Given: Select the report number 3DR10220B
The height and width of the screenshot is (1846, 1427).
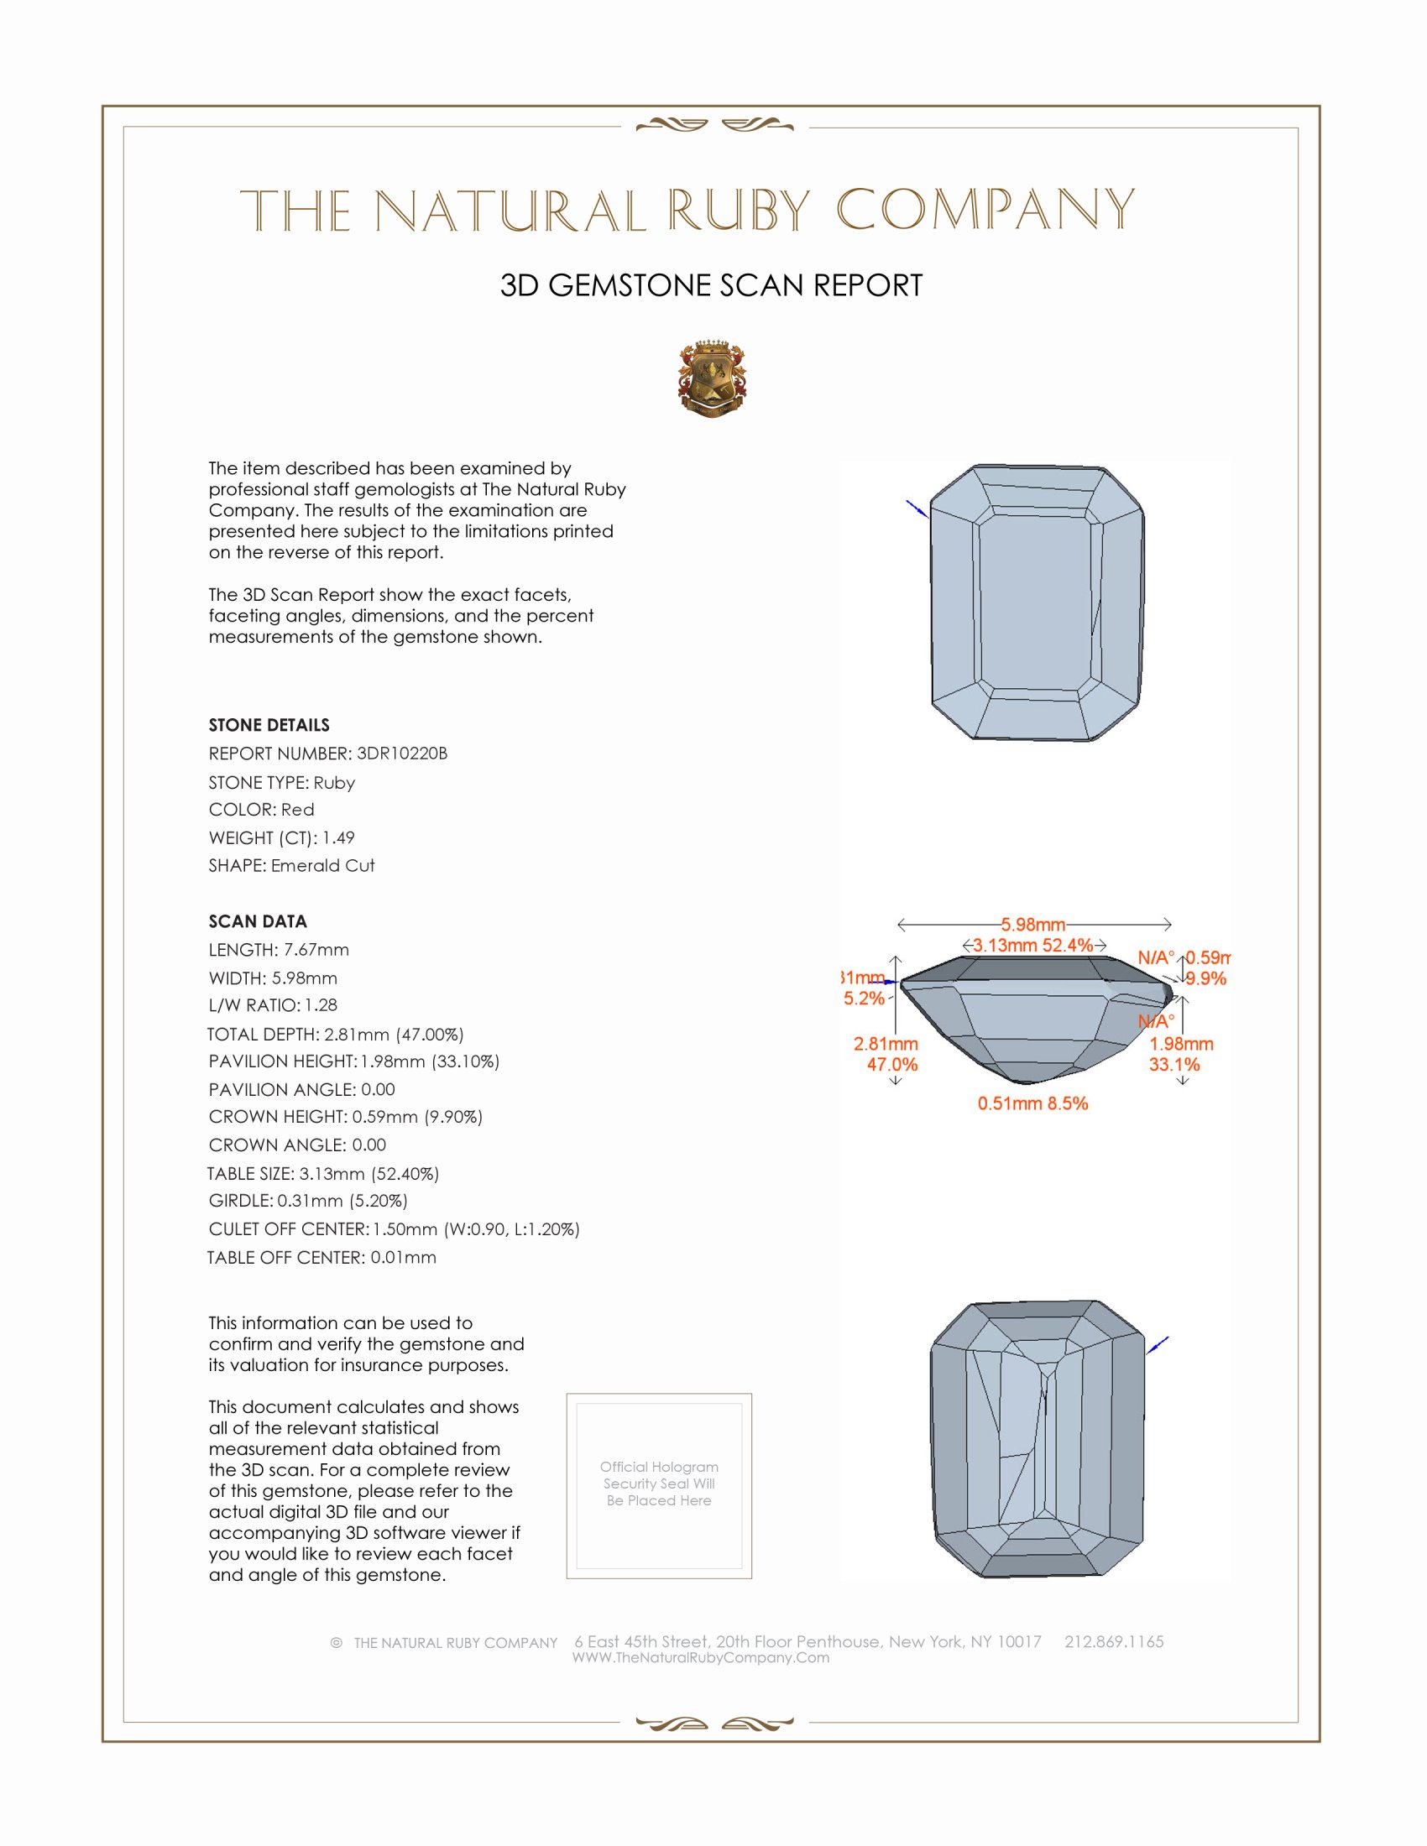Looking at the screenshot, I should pyautogui.click(x=401, y=754).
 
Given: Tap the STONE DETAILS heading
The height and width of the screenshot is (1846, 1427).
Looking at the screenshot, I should pyautogui.click(x=269, y=725).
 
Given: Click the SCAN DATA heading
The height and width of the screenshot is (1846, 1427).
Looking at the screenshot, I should pyautogui.click(x=258, y=921).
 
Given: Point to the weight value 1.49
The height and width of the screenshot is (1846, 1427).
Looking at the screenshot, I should pyautogui.click(x=338, y=837).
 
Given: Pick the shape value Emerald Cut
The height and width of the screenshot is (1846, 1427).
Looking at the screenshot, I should pyautogui.click(x=323, y=866).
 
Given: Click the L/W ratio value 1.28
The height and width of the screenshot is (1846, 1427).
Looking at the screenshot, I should pyautogui.click(x=321, y=1005).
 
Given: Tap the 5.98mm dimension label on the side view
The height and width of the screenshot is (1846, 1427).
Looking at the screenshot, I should pyautogui.click(x=1032, y=925).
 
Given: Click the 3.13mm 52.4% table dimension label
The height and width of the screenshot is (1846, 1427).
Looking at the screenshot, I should pyautogui.click(x=1032, y=945).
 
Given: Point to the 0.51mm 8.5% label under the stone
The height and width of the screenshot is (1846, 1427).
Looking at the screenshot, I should pyautogui.click(x=1032, y=1103).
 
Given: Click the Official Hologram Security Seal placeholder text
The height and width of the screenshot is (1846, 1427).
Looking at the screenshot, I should pyautogui.click(x=659, y=1484).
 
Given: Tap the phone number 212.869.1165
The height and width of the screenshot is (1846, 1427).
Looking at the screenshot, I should pyautogui.click(x=1113, y=1641).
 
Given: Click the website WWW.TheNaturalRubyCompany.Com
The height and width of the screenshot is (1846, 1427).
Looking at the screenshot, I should pyautogui.click(x=701, y=1657).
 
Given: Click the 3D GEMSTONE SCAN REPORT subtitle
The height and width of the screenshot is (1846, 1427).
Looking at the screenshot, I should pyautogui.click(x=711, y=285).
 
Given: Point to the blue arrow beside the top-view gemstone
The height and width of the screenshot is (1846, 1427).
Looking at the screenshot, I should pyautogui.click(x=917, y=508).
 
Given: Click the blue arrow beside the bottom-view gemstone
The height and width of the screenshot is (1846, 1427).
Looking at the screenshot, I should pyautogui.click(x=1158, y=1344).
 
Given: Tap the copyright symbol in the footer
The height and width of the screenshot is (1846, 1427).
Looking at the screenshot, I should pyautogui.click(x=337, y=1642).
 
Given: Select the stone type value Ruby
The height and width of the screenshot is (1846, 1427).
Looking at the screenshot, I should pyautogui.click(x=334, y=783).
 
